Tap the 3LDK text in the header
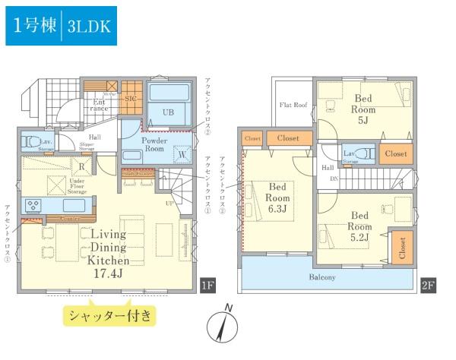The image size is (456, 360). coord(90,25)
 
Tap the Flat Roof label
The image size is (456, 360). coord(293,105)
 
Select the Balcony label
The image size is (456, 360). coord(322,277)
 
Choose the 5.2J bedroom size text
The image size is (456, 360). coord(359,238)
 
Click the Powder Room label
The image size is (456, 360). coord(154,144)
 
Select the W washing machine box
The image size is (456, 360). coord(182,156)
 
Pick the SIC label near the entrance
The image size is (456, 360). coord(130,99)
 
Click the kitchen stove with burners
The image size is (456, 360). coord(34,204)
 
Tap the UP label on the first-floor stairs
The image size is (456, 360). coord(168,203)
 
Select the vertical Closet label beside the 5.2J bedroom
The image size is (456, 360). coord(401,247)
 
